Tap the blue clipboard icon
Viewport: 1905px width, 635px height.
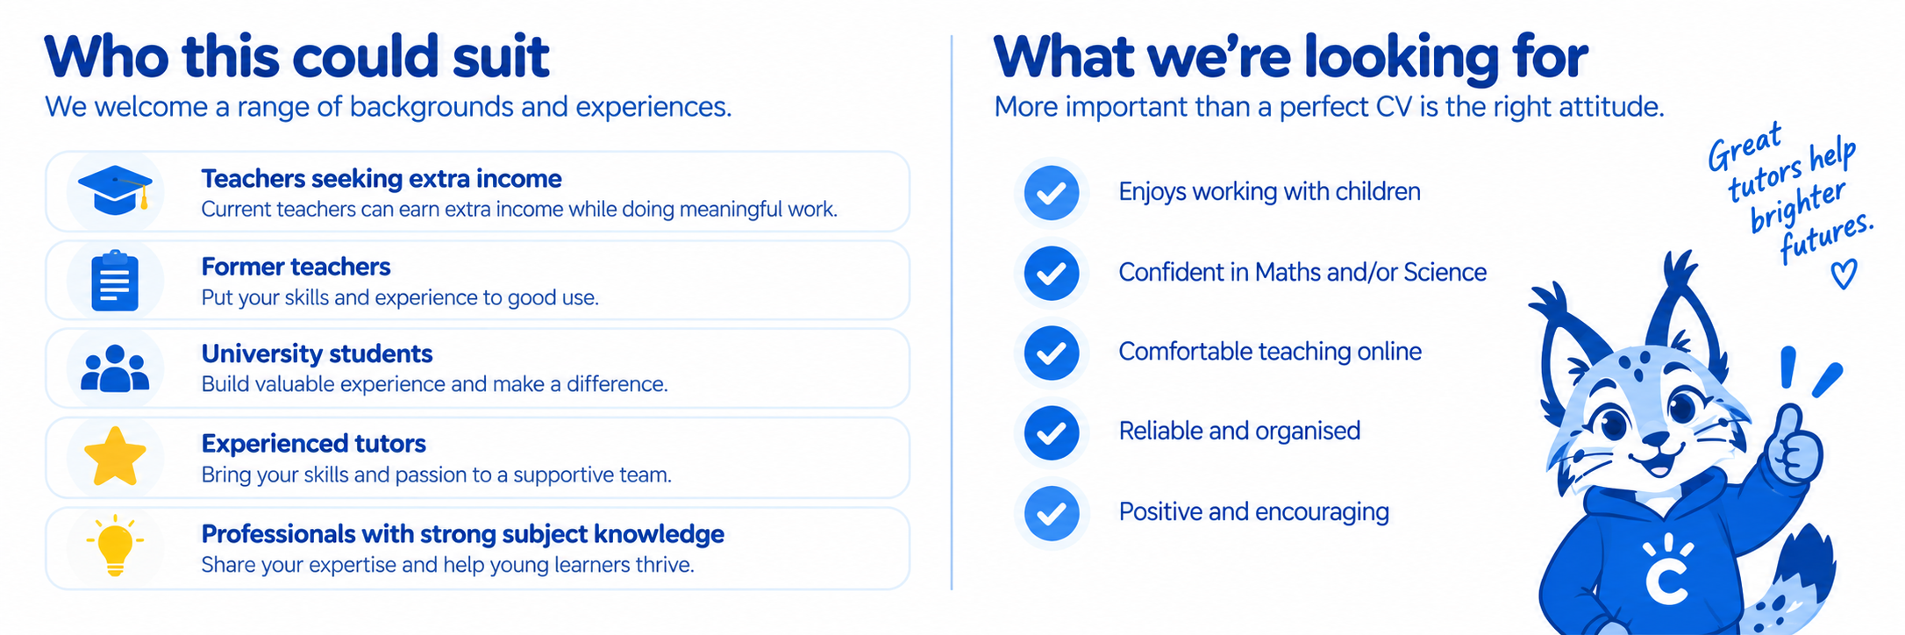click(x=115, y=281)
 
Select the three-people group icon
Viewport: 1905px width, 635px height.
click(x=115, y=368)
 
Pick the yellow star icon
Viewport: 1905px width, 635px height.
click(x=115, y=457)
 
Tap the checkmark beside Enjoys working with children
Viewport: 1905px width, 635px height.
click(x=1052, y=192)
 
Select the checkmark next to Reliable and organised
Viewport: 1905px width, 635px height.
click(x=1052, y=432)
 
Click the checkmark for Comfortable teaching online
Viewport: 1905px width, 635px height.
click(x=1052, y=353)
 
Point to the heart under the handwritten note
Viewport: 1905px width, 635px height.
click(x=1844, y=275)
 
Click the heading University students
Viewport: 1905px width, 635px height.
click(x=317, y=353)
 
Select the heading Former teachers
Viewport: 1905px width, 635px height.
click(x=296, y=267)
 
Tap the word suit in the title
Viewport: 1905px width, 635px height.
click(x=501, y=57)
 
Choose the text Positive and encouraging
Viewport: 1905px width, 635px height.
click(x=1253, y=511)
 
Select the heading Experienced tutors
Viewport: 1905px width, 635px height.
click(x=313, y=444)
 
